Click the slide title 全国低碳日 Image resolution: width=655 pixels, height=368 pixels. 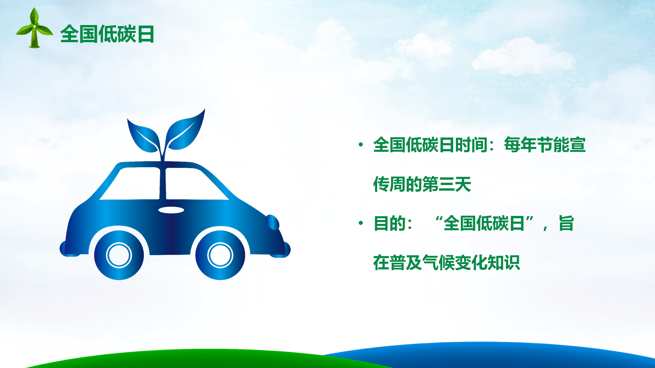(107, 34)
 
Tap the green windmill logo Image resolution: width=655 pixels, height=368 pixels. (34, 28)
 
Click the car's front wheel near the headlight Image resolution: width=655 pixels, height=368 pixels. (220, 255)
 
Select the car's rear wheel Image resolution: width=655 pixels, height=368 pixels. (119, 255)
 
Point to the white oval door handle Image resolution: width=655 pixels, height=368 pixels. (171, 210)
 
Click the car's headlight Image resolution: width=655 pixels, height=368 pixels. (272, 222)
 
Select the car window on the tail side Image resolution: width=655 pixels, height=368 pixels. (130, 183)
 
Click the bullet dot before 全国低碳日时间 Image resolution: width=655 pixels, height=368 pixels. (361, 145)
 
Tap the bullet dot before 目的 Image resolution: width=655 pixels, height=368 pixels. (361, 223)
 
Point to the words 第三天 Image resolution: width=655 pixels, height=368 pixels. (447, 184)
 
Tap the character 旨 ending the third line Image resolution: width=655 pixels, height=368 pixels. (566, 223)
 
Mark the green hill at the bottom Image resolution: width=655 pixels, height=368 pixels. (205, 359)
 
